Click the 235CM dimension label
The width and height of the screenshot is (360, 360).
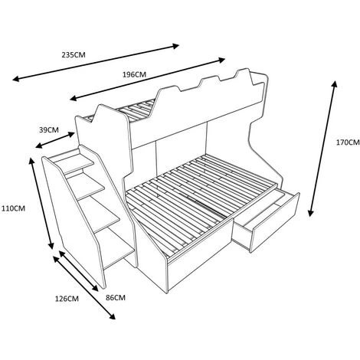(74, 54)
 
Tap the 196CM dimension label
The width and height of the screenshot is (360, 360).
(134, 74)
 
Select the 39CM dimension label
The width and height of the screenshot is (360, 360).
(49, 129)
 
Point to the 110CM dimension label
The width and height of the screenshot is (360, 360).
(13, 208)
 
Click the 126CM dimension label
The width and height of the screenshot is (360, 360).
(67, 299)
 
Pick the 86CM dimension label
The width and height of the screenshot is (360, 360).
(116, 297)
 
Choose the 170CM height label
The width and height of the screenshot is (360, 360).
(348, 142)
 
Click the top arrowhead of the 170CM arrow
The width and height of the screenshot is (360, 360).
(335, 84)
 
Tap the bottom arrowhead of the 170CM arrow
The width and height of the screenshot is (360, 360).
(310, 213)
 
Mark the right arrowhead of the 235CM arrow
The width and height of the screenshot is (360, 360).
(175, 46)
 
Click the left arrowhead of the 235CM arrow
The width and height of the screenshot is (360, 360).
(16, 79)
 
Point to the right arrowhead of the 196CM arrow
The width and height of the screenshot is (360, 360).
(221, 60)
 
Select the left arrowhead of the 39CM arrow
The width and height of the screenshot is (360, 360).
(38, 146)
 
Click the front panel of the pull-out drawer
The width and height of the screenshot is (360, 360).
(275, 223)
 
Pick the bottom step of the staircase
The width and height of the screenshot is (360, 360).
(117, 247)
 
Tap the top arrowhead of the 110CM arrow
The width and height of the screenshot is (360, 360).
(32, 162)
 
